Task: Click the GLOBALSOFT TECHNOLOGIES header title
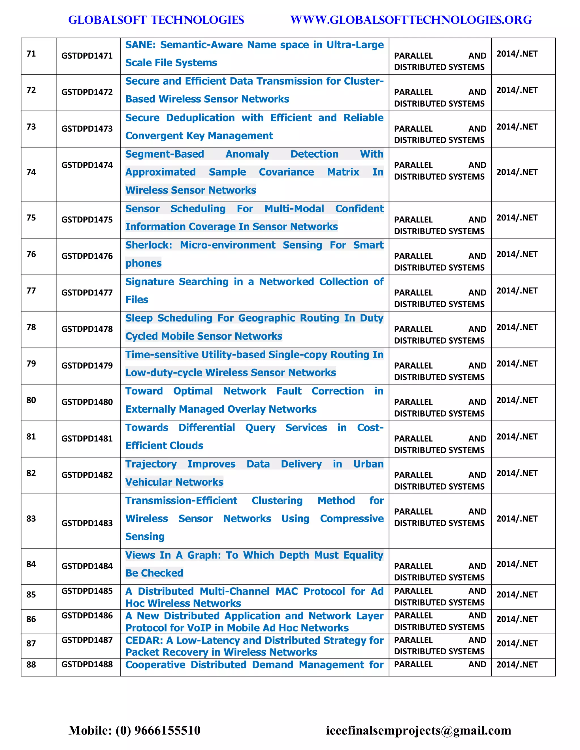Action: [156, 20]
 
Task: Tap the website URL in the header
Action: [411, 20]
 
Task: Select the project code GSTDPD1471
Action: [87, 56]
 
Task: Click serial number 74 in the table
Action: [31, 172]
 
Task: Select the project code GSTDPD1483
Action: [87, 523]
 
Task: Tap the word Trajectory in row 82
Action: [151, 464]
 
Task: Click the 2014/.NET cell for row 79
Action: [517, 364]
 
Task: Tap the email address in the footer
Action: [418, 730]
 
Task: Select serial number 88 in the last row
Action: [31, 665]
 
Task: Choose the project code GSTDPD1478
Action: [87, 329]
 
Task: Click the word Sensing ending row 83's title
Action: [145, 537]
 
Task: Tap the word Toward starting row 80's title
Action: [144, 391]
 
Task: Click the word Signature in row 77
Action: [150, 282]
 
